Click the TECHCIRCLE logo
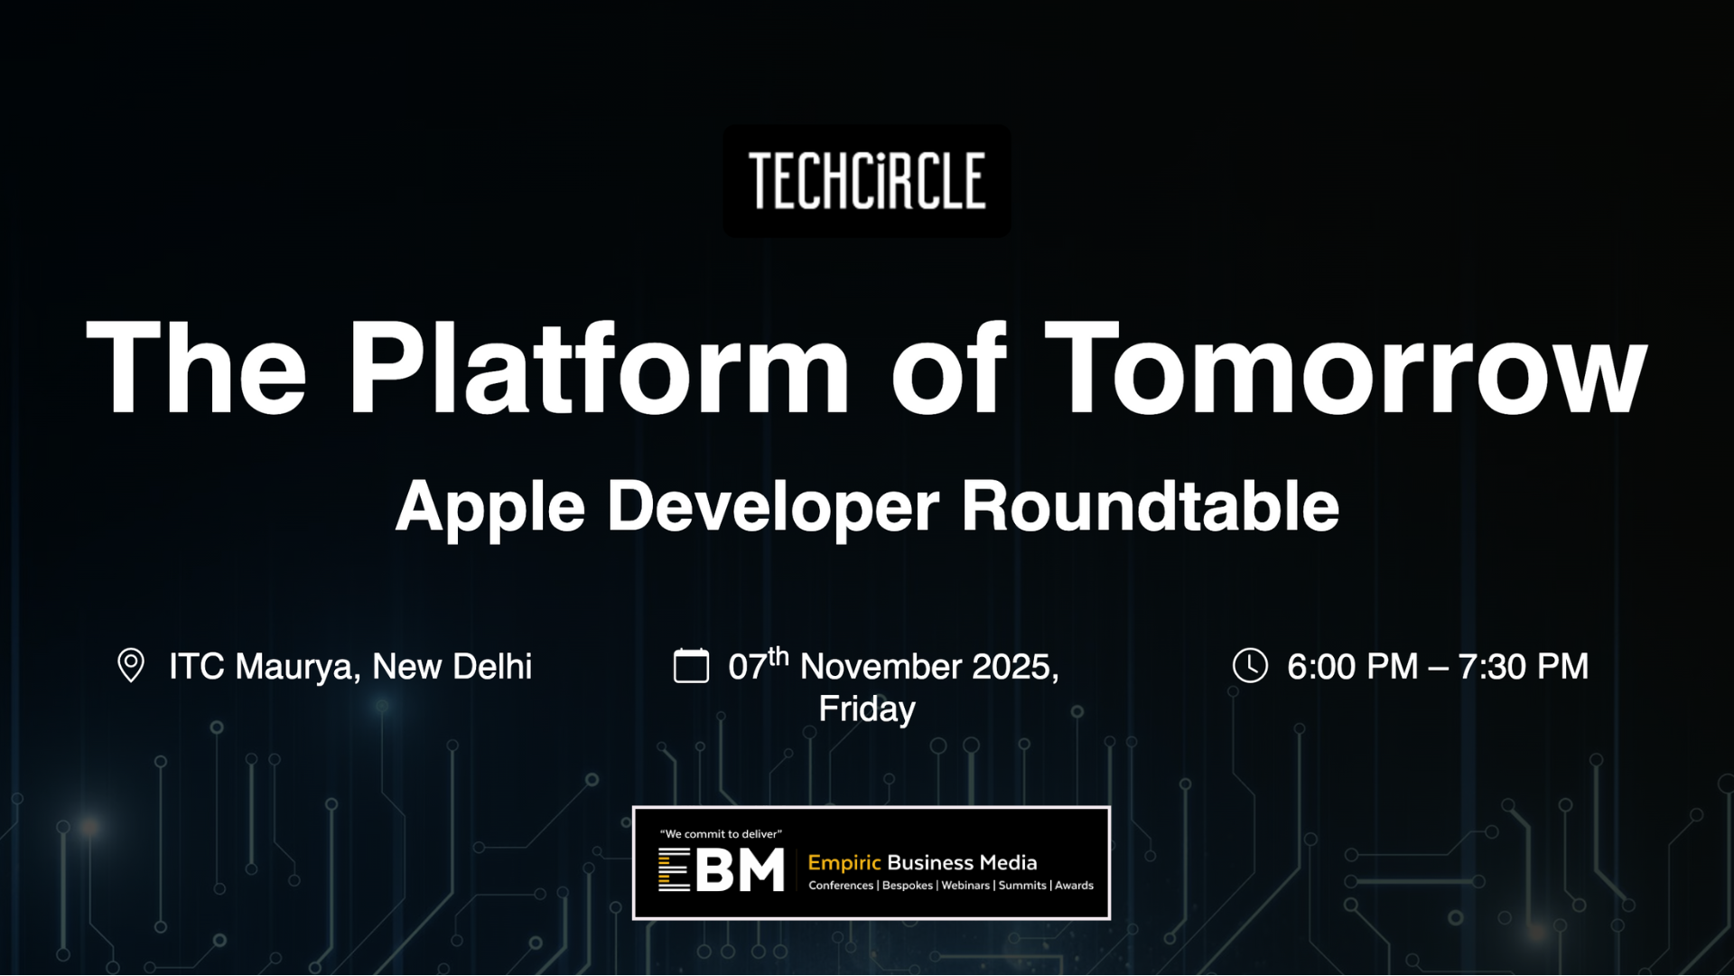867,181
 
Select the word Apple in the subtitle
490,508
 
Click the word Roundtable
1151,505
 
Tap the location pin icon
131,666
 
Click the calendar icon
691,666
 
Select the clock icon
1250,666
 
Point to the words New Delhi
452,667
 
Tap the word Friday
867,709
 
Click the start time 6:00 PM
1353,667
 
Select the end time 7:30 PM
1523,667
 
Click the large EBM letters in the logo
721,869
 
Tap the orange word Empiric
844,863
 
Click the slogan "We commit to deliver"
721,834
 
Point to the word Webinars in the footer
965,886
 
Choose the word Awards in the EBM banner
1074,886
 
